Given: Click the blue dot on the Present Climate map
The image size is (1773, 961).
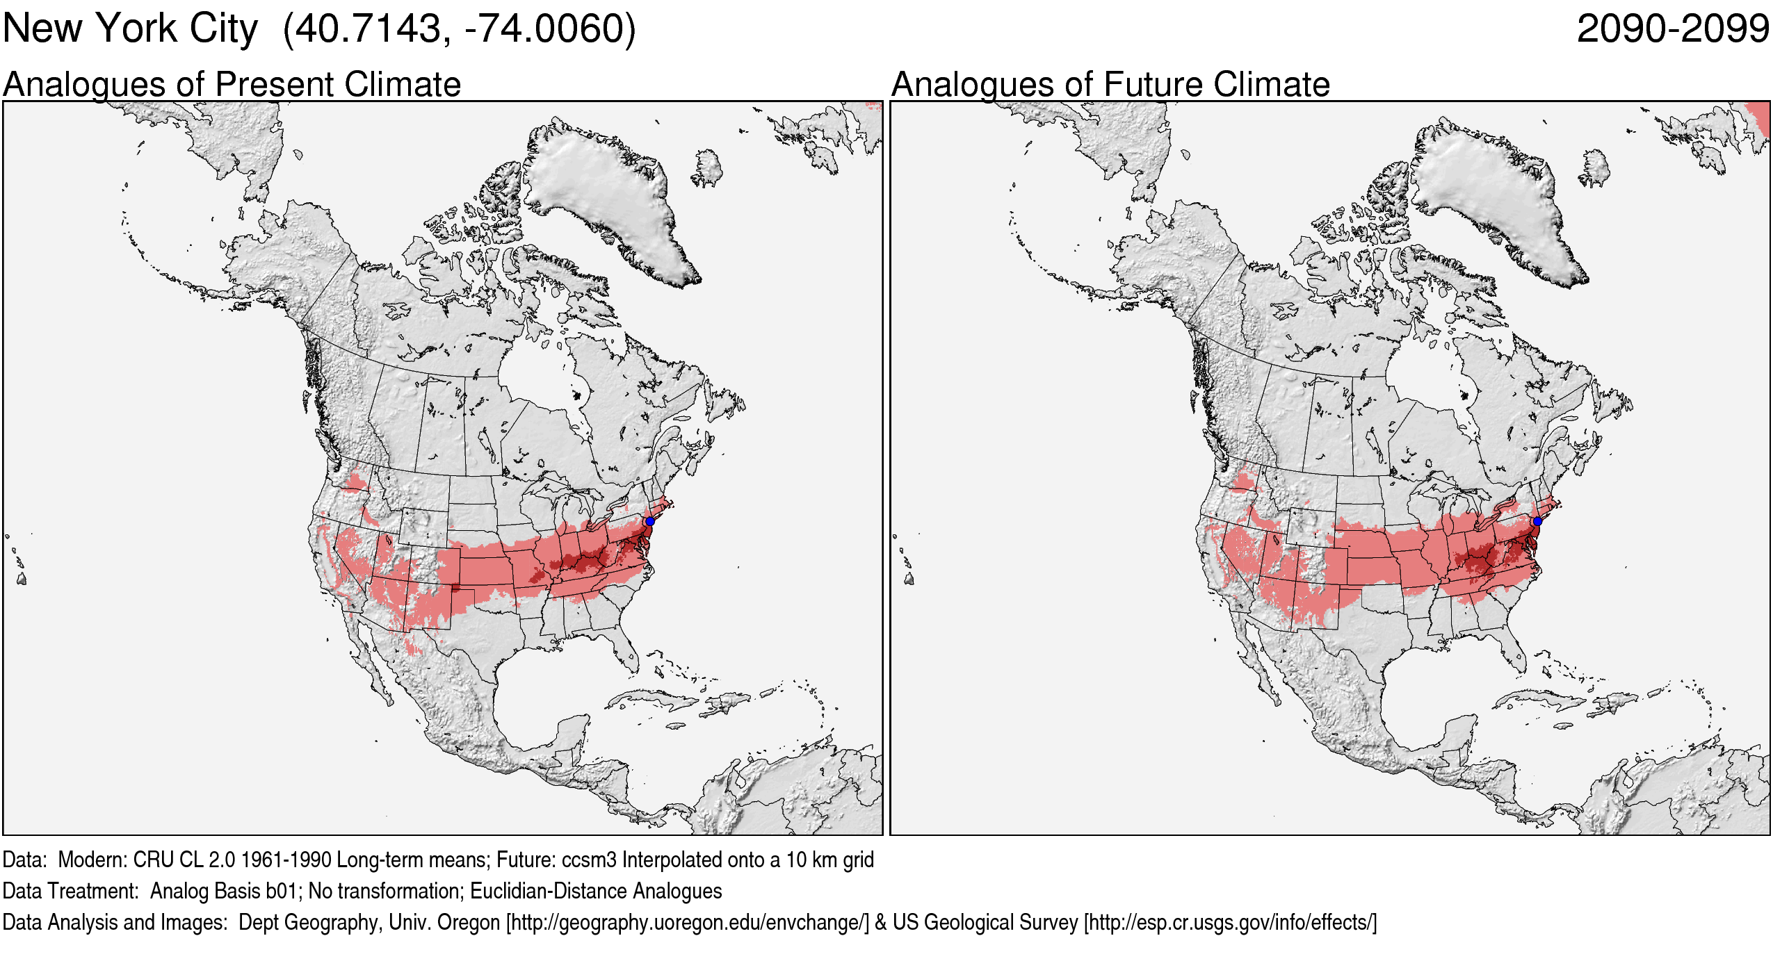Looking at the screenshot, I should (x=649, y=521).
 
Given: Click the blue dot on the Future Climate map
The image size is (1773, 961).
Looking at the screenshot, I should (x=1537, y=521).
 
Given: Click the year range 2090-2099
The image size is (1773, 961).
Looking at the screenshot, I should (x=1673, y=29).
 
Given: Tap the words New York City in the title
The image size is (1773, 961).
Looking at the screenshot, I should (x=130, y=29).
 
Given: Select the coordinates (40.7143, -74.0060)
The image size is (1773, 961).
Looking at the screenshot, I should (x=460, y=29).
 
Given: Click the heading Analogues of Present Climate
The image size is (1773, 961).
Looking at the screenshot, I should (x=232, y=85).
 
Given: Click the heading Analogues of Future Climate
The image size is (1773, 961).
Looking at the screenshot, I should (x=1110, y=85).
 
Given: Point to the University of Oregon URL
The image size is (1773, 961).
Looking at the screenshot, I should (x=688, y=922).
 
